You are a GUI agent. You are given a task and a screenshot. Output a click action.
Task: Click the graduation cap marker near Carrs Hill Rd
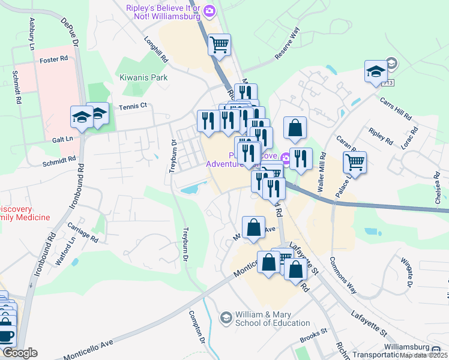click(376, 72)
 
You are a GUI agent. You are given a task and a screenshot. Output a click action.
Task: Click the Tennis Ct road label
click(133, 106)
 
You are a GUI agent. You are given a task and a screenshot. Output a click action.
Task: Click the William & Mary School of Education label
click(264, 319)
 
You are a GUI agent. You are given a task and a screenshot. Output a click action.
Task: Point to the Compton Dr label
click(197, 326)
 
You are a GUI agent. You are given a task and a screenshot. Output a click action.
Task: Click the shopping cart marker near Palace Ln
click(355, 161)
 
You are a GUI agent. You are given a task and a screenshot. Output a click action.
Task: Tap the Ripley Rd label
click(381, 137)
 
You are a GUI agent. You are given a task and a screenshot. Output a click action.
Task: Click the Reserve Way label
click(286, 43)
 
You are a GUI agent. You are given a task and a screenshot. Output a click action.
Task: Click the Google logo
click(20, 353)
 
